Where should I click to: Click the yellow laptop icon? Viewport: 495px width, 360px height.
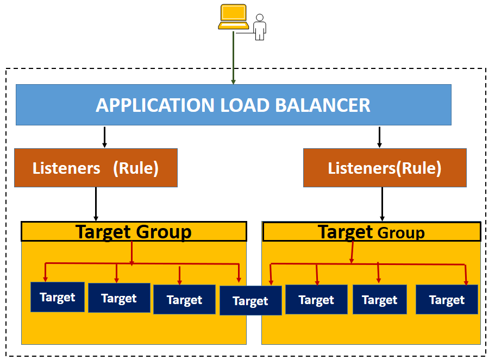pyautogui.click(x=233, y=17)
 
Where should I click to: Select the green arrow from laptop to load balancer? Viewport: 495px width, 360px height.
pyautogui.click(x=234, y=57)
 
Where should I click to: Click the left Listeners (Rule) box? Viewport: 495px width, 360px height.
pyautogui.click(x=96, y=168)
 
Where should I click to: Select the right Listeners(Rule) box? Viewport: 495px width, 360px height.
pyautogui.click(x=385, y=168)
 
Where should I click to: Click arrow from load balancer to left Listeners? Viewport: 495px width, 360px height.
pyautogui.click(x=104, y=137)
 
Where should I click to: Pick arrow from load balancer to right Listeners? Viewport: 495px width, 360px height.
pyautogui.click(x=379, y=137)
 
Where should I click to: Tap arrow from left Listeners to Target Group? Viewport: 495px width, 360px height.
pyautogui.click(x=96, y=204)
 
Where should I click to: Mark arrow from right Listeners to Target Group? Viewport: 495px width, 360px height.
pyautogui.click(x=382, y=204)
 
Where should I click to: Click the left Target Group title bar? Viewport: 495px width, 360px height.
pyautogui.click(x=134, y=232)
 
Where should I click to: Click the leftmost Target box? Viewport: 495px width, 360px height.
pyautogui.click(x=58, y=297)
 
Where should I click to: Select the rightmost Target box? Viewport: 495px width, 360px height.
pyautogui.click(x=447, y=300)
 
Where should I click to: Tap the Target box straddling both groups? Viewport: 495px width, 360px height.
pyautogui.click(x=250, y=301)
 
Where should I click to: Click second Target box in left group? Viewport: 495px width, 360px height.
pyautogui.click(x=119, y=298)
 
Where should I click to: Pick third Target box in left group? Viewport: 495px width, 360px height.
pyautogui.click(x=184, y=300)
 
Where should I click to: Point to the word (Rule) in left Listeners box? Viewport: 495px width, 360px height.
pyautogui.click(x=135, y=168)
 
